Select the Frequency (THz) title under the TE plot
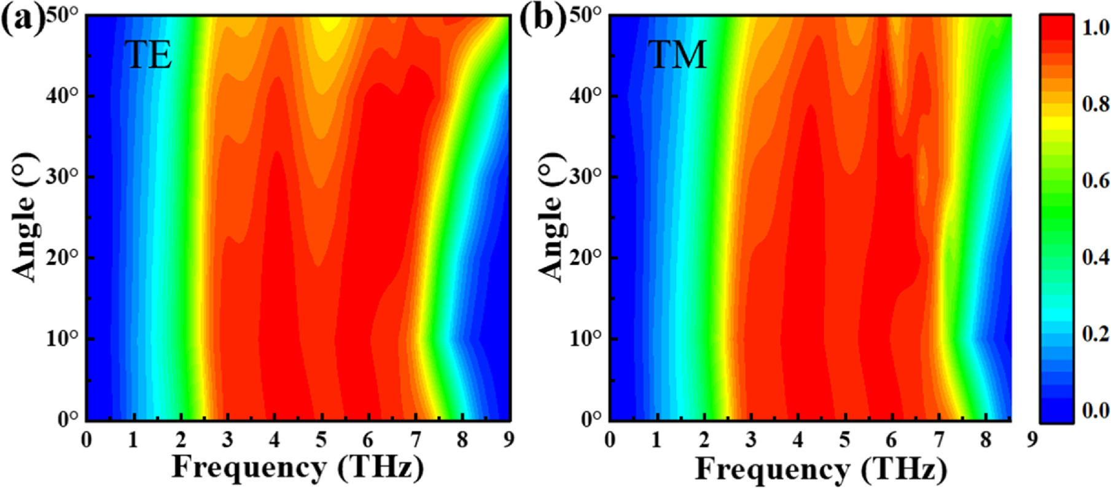(x=297, y=468)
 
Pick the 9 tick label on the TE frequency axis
(x=509, y=439)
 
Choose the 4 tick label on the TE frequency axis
(x=274, y=439)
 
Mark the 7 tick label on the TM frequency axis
(x=938, y=439)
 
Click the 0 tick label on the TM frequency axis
(x=610, y=439)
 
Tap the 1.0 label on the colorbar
(x=1096, y=28)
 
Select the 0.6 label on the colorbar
(x=1096, y=181)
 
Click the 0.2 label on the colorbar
(x=1096, y=334)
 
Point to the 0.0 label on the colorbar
(x=1096, y=410)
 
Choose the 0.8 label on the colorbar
(x=1096, y=104)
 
